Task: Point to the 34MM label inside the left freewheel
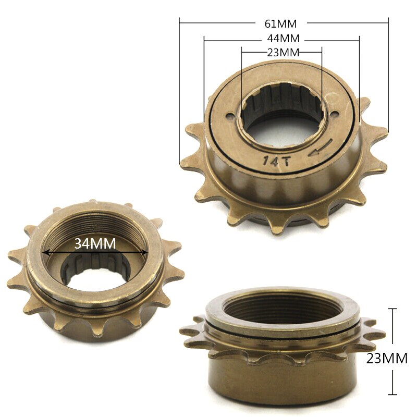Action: pyautogui.click(x=95, y=243)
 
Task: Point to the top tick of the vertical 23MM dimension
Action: pyautogui.click(x=393, y=309)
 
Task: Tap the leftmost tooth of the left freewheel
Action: pyautogui.click(x=14, y=255)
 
